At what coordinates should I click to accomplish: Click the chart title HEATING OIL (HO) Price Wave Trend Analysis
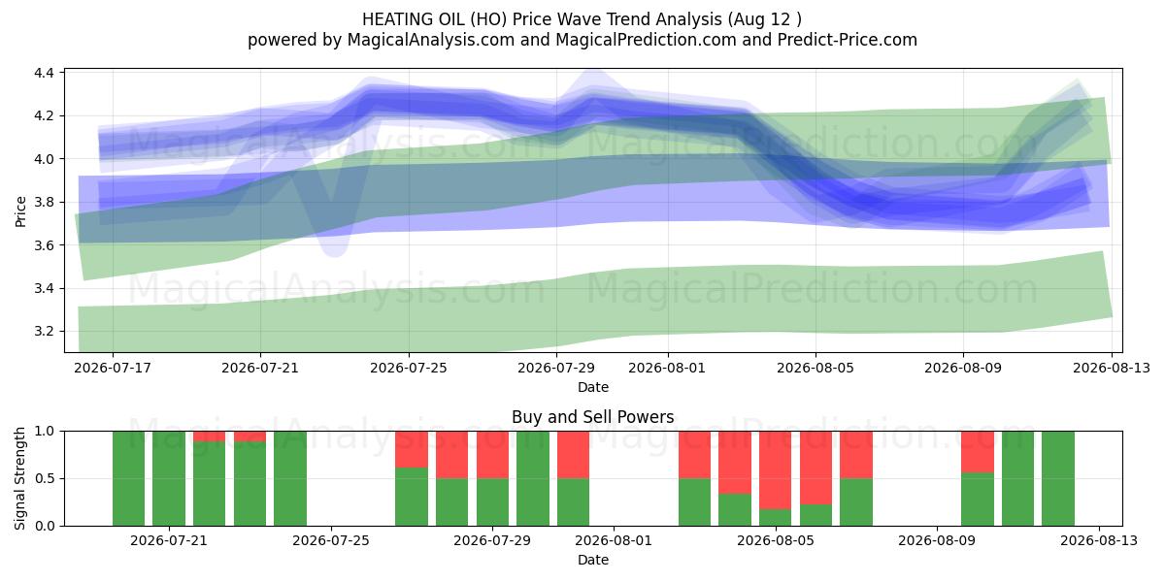coord(542,19)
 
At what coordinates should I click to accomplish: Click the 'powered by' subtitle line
coord(582,40)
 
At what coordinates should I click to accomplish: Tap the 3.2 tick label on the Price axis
coord(45,332)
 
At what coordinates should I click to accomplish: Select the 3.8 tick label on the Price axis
coord(45,202)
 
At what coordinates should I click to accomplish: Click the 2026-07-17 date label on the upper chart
coord(113,368)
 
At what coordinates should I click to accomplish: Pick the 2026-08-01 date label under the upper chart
coord(667,368)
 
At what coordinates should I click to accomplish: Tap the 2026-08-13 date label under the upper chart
coord(1112,368)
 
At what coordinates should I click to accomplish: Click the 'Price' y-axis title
coord(20,211)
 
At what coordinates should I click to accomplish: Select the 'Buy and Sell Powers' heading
coord(593,417)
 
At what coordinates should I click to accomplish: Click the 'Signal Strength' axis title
coord(19,478)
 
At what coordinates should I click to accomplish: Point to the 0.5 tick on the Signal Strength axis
coord(45,478)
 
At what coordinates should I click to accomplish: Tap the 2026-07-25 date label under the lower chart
coord(331,541)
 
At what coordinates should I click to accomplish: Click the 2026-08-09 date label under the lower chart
coord(937,541)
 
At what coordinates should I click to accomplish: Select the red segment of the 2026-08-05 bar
coord(775,469)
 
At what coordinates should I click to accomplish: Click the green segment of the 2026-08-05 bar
coord(775,518)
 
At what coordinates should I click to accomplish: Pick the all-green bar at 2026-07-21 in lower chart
coord(169,478)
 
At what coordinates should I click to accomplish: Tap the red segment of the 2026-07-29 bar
coord(492,455)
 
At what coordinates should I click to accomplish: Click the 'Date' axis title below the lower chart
coord(593,560)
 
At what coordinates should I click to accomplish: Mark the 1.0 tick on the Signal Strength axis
coord(45,432)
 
